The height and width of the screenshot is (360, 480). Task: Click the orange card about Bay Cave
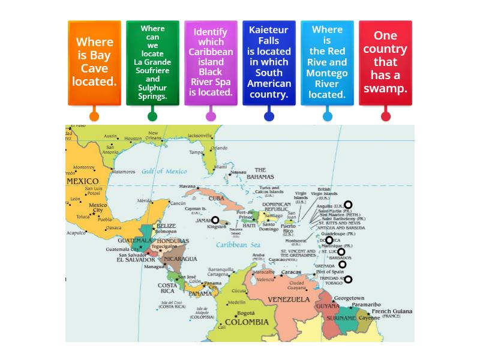(x=94, y=62)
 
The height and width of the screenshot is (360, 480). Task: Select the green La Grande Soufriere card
(x=152, y=62)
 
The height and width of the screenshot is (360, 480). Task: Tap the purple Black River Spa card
(x=211, y=62)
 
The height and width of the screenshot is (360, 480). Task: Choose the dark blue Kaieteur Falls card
(x=269, y=62)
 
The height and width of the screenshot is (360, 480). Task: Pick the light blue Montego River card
(x=327, y=62)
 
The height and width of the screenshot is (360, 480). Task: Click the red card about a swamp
(x=385, y=62)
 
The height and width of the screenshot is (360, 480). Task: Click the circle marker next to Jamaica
(x=215, y=220)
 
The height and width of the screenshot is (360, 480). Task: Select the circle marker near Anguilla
(x=348, y=205)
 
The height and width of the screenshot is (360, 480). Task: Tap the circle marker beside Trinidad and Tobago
(x=348, y=279)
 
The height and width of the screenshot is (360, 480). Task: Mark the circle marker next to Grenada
(x=342, y=265)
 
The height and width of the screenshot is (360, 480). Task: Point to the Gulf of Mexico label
(x=164, y=172)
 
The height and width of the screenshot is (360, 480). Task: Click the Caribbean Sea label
(x=238, y=245)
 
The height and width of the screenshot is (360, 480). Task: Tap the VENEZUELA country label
(x=289, y=299)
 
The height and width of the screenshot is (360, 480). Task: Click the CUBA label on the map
(x=216, y=198)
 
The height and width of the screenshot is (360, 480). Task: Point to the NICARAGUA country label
(x=179, y=259)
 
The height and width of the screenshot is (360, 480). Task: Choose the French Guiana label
(x=392, y=311)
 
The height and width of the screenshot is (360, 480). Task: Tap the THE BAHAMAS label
(x=260, y=173)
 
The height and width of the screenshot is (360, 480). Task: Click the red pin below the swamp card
(x=385, y=116)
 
